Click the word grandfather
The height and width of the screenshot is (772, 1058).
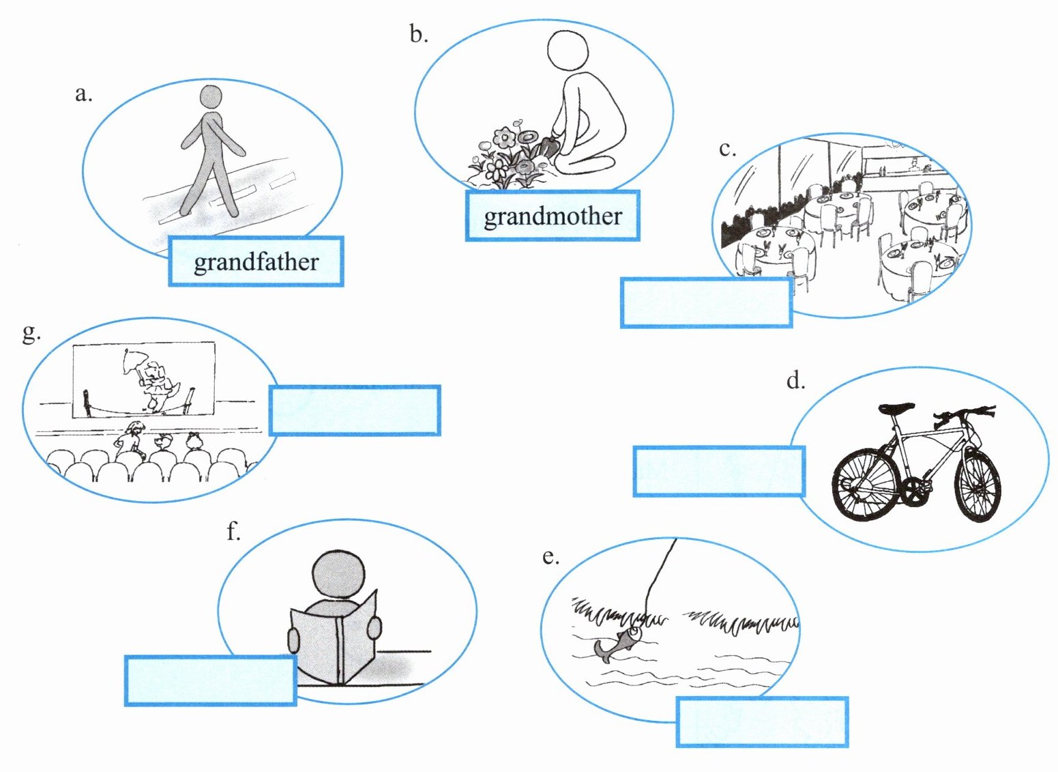click(x=256, y=262)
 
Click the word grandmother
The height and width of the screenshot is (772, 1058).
click(x=553, y=216)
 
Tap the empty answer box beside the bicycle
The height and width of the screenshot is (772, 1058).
click(x=719, y=471)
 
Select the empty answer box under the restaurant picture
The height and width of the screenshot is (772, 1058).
click(x=706, y=302)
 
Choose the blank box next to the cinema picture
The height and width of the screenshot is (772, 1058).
click(x=355, y=410)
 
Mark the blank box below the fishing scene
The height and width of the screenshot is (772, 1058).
click(x=762, y=721)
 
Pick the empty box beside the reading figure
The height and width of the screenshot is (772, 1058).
click(x=210, y=680)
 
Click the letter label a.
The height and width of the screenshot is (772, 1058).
click(x=83, y=94)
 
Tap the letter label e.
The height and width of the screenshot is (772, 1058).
click(x=550, y=556)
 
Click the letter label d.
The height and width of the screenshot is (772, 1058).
click(x=795, y=380)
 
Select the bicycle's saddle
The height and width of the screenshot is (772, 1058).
click(x=896, y=408)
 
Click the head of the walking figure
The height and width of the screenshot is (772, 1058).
click(x=211, y=96)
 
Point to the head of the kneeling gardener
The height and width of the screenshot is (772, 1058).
click(x=568, y=49)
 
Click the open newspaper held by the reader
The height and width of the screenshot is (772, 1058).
click(x=334, y=639)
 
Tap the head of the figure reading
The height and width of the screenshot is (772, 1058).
click(x=338, y=575)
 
